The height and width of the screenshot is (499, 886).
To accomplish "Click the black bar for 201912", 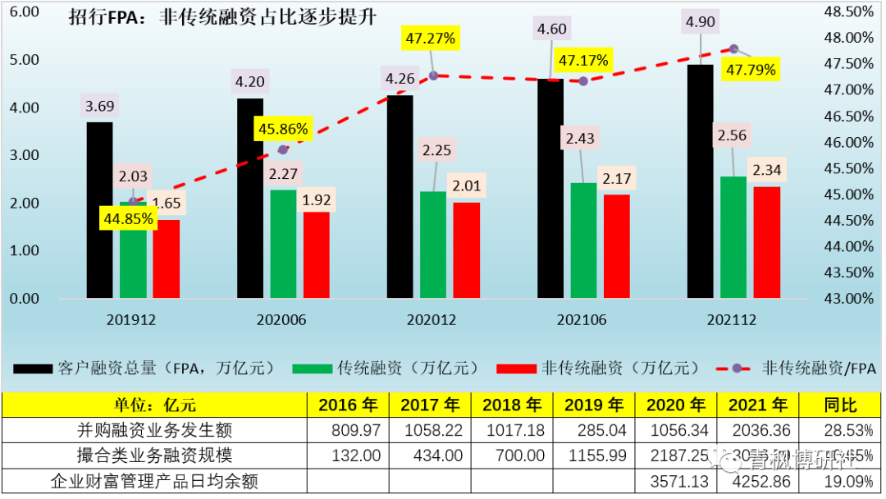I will click(99, 209).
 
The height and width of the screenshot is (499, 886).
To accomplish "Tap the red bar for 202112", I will click(767, 242).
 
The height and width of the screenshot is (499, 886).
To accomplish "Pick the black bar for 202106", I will click(550, 188).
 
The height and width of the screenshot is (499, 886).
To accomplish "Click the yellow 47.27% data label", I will click(429, 38).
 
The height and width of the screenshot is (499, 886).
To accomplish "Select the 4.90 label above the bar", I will click(701, 22).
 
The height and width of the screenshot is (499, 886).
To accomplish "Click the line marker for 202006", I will click(284, 149).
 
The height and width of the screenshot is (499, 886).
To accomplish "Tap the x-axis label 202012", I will click(432, 321).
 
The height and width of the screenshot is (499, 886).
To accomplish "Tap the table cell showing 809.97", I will click(347, 429).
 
